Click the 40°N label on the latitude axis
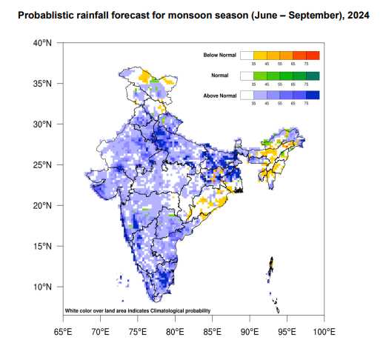tap(42, 44)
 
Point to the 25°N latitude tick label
tap(42, 165)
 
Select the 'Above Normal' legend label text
tap(220, 96)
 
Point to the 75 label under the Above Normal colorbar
tap(306, 104)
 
